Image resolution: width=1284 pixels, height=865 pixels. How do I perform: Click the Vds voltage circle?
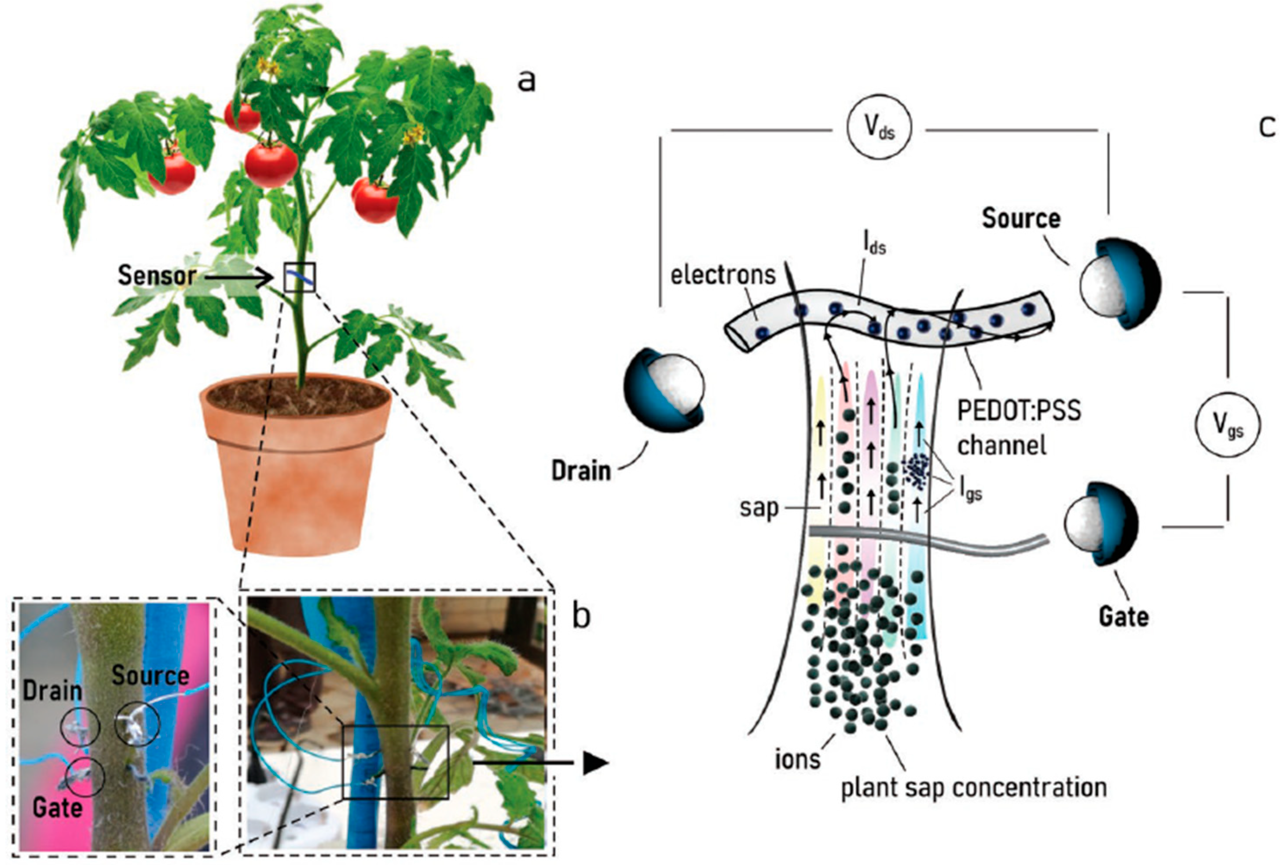click(879, 128)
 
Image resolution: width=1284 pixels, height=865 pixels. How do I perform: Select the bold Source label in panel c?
click(1021, 219)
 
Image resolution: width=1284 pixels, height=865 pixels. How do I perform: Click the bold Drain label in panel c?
click(581, 471)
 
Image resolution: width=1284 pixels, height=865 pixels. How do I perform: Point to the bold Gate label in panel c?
click(1123, 616)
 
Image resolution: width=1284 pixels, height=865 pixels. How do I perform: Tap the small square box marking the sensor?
click(299, 277)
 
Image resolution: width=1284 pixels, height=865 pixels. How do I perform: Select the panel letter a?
click(526, 80)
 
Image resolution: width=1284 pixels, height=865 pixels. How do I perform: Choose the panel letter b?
click(581, 616)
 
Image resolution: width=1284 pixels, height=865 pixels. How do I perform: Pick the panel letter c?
click(1266, 126)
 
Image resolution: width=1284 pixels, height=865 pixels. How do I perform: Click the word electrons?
click(723, 274)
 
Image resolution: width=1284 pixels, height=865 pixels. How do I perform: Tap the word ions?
click(797, 759)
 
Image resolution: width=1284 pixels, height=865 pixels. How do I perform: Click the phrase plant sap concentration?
click(974, 788)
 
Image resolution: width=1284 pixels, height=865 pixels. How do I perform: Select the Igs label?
click(969, 489)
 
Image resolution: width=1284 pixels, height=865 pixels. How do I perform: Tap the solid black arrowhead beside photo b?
click(595, 764)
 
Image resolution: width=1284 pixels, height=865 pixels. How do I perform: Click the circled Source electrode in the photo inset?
click(137, 722)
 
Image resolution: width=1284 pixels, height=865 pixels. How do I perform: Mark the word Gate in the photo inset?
click(57, 808)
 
